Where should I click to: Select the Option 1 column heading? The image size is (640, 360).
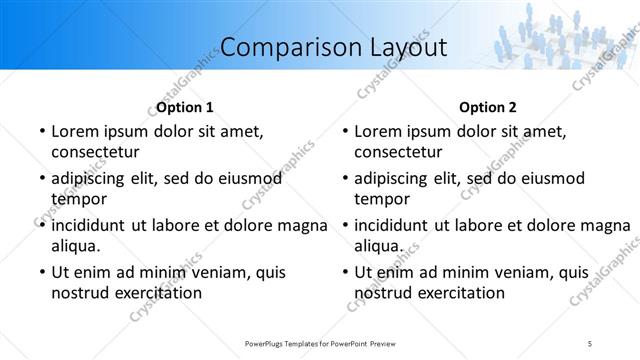(x=185, y=107)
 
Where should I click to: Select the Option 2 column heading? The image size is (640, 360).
(x=488, y=107)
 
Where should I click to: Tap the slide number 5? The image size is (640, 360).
(x=590, y=344)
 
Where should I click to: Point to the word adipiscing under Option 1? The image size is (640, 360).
(x=93, y=178)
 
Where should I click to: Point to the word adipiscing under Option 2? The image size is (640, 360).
(x=396, y=178)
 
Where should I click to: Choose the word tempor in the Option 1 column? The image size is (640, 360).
(x=78, y=199)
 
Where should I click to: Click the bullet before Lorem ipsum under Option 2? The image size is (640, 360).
(x=344, y=132)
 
